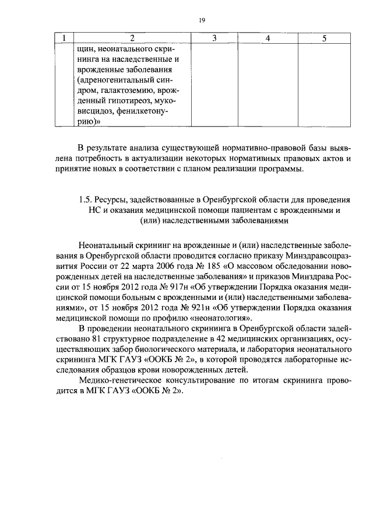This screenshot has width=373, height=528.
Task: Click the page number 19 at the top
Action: (201, 20)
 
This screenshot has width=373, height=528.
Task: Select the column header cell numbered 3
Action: (214, 39)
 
